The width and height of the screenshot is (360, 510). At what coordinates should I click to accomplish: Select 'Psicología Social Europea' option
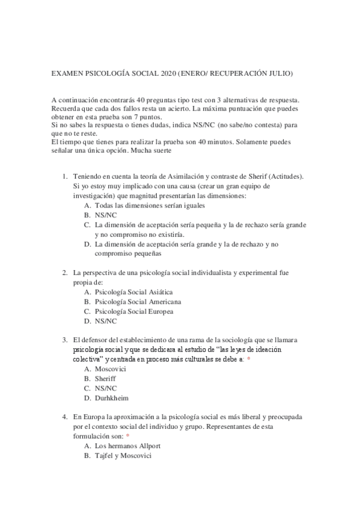134,312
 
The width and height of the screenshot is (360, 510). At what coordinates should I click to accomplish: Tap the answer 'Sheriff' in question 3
105,378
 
